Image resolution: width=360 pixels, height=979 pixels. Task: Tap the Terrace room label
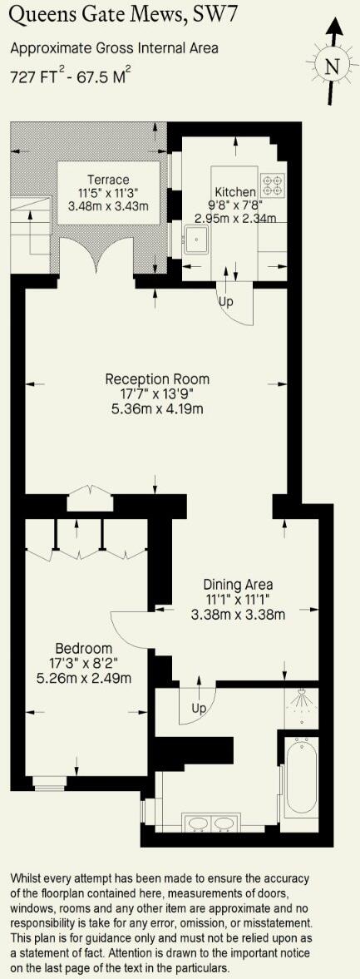108,180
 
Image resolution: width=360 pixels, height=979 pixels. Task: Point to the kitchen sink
198,241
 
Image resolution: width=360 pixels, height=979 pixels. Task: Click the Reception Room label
157,379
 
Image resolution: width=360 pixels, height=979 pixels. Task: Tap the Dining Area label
238,584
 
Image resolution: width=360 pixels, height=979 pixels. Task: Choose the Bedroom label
84,648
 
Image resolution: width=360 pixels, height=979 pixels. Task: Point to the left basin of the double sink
198,823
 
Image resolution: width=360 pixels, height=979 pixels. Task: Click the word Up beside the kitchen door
226,301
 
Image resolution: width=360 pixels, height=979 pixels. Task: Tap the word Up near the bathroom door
199,709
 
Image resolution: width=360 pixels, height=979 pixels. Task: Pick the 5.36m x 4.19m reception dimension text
157,409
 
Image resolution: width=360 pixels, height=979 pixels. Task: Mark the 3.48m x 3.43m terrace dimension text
108,206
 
